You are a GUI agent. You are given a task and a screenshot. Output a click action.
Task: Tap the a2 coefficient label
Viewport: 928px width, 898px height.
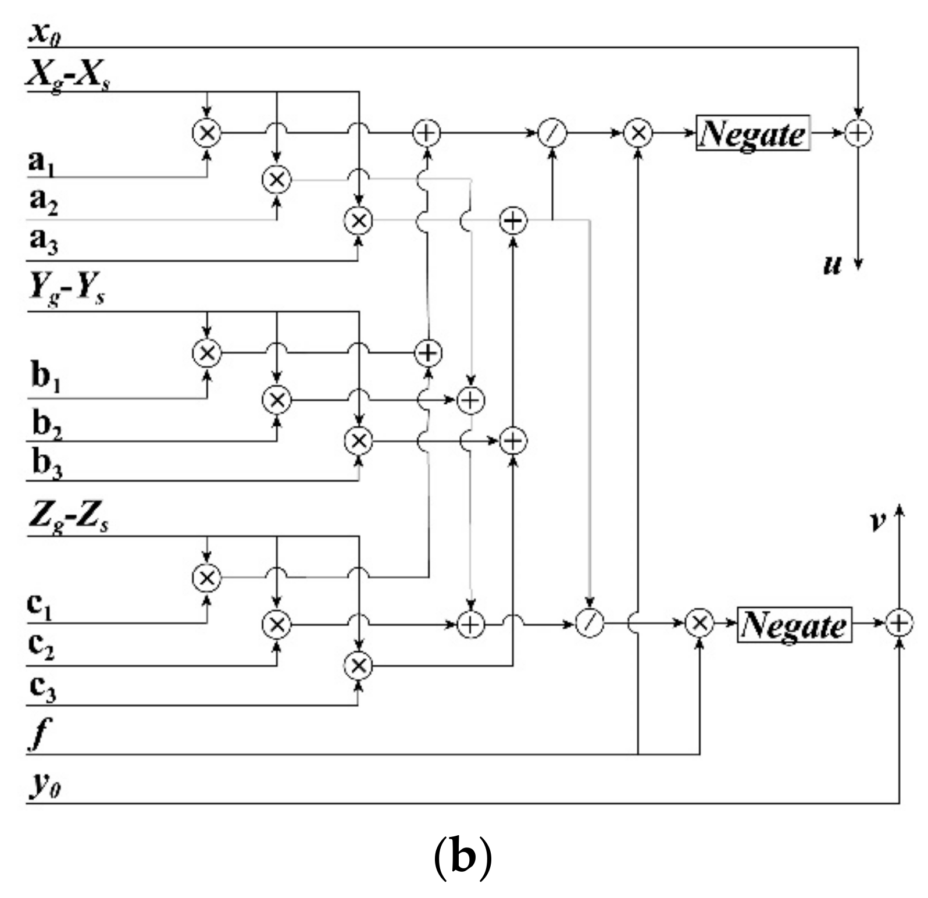pyautogui.click(x=43, y=201)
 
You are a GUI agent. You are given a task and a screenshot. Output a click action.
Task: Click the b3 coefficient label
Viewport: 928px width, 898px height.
pyautogui.click(x=47, y=464)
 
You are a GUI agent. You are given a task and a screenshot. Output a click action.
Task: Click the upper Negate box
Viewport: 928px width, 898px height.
pyautogui.click(x=752, y=133)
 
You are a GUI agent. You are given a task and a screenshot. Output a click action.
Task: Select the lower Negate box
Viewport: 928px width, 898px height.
pyautogui.click(x=794, y=624)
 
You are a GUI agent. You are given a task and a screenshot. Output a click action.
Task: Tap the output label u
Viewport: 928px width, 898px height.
pyautogui.click(x=832, y=265)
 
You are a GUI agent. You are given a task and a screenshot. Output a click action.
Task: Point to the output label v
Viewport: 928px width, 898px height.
pyautogui.click(x=877, y=521)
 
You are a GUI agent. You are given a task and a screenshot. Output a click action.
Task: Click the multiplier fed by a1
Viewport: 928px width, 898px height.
pyautogui.click(x=206, y=133)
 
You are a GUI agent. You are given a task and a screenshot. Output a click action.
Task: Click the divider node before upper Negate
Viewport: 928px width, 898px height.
pyautogui.click(x=552, y=133)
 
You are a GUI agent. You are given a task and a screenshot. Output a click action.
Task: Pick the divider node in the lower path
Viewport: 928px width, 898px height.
pyautogui.click(x=590, y=624)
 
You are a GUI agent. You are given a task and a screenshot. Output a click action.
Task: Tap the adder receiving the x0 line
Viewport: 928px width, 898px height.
pyautogui.click(x=858, y=133)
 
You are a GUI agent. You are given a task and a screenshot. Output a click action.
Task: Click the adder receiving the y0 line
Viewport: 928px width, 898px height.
pyautogui.click(x=899, y=624)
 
